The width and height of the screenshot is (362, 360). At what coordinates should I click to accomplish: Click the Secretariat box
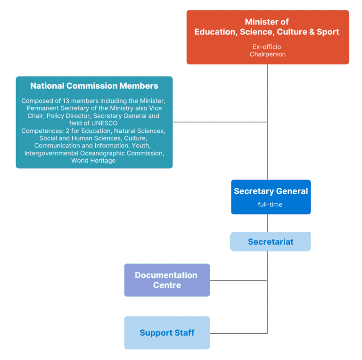pyautogui.click(x=271, y=242)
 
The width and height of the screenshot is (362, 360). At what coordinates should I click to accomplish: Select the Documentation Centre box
pyautogui.click(x=167, y=280)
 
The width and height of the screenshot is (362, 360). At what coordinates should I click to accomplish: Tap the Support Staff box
pyautogui.click(x=167, y=333)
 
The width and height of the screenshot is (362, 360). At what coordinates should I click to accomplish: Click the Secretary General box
pyautogui.click(x=271, y=197)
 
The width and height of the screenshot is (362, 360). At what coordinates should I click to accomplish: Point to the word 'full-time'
pyautogui.click(x=270, y=205)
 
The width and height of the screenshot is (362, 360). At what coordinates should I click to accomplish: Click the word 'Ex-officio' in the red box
pyautogui.click(x=267, y=47)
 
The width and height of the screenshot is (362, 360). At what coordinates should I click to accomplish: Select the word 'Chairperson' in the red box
pyautogui.click(x=268, y=54)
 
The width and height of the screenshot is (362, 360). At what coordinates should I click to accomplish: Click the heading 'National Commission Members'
pyautogui.click(x=94, y=86)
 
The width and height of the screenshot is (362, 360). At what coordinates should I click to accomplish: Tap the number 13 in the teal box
pyautogui.click(x=66, y=101)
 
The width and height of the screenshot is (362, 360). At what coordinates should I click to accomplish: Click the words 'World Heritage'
pyautogui.click(x=93, y=160)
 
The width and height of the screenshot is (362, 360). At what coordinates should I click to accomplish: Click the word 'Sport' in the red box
pyautogui.click(x=328, y=32)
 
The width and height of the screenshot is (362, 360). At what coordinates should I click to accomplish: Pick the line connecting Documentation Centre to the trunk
pyautogui.click(x=239, y=280)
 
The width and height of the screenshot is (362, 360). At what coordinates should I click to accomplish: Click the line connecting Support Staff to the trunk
pyautogui.click(x=239, y=333)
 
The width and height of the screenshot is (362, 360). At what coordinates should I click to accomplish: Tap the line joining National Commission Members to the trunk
pyautogui.click(x=220, y=122)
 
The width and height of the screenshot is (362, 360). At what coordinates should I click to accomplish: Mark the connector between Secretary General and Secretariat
pyautogui.click(x=268, y=223)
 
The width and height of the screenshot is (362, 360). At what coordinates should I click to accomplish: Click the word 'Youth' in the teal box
pyautogui.click(x=140, y=146)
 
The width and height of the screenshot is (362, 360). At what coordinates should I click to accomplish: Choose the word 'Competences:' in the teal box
pyautogui.click(x=42, y=131)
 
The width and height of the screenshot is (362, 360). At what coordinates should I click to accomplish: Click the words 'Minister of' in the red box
pyautogui.click(x=267, y=22)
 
